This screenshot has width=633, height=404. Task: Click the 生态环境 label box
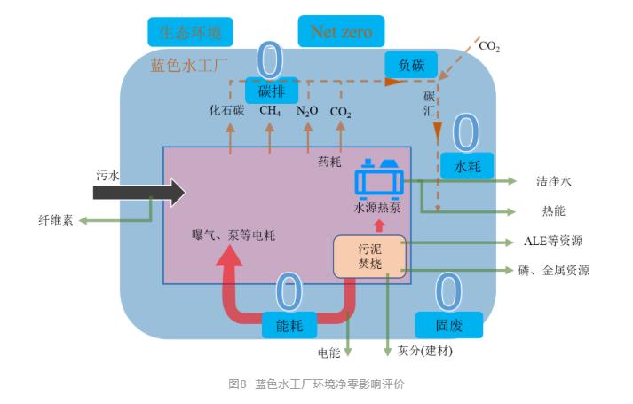click(x=190, y=33)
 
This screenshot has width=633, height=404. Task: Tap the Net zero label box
click(x=341, y=33)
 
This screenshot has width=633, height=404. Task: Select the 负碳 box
click(x=411, y=63)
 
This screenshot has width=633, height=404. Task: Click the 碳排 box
click(x=271, y=90)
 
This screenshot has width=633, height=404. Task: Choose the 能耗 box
click(x=289, y=326)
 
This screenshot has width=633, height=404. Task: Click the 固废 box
click(x=449, y=324)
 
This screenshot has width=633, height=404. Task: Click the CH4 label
click(x=270, y=112)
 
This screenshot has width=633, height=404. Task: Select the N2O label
click(x=307, y=112)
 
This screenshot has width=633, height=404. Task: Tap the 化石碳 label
click(x=226, y=112)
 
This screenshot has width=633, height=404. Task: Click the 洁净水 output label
click(x=554, y=181)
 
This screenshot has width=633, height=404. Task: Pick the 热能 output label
click(x=553, y=211)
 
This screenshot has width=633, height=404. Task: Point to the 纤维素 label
click(x=56, y=218)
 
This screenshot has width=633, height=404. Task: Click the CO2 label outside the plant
click(x=489, y=45)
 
